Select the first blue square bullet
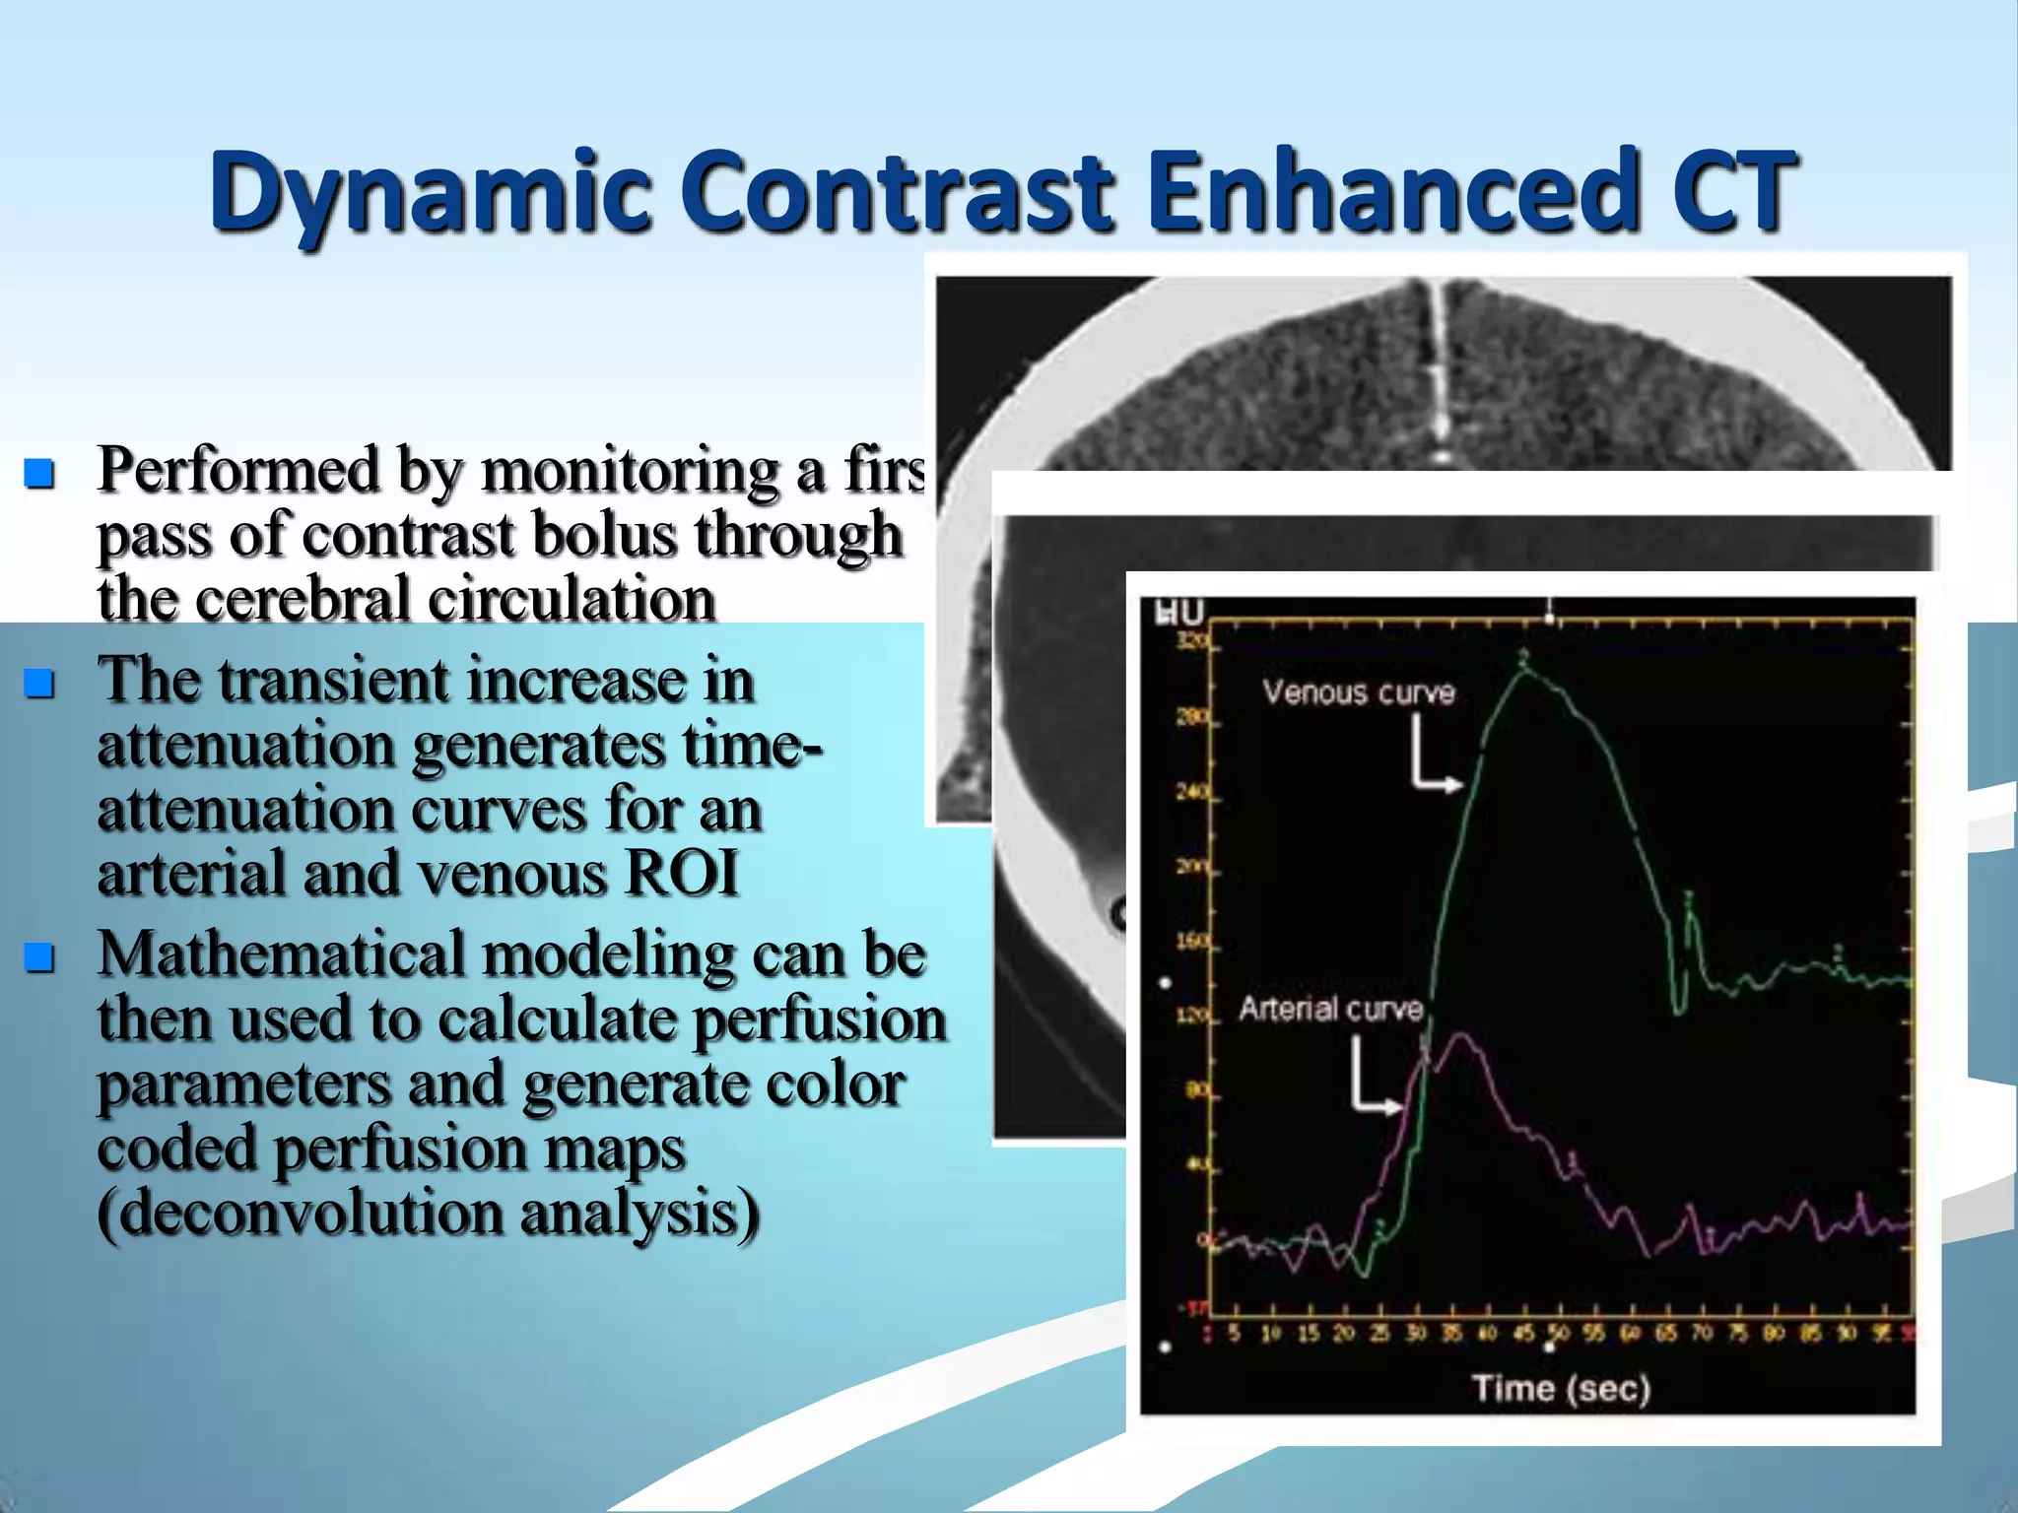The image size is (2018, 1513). pos(39,474)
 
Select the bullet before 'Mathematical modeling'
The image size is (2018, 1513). pos(39,956)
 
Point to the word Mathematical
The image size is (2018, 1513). pos(281,955)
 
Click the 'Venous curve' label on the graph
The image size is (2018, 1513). pos(1358,692)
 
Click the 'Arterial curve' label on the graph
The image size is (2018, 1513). pos(1330,1009)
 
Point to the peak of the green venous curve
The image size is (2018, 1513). pos(1524,670)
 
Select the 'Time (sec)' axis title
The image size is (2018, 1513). pos(1561,1389)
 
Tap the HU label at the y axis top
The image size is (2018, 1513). pos(1179,613)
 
